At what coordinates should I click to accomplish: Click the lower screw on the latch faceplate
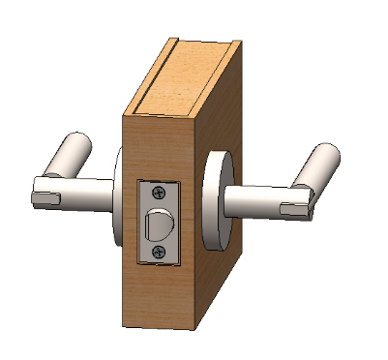[160, 252]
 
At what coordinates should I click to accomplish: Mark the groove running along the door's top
[155, 77]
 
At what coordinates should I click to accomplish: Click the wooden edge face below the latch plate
[160, 295]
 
